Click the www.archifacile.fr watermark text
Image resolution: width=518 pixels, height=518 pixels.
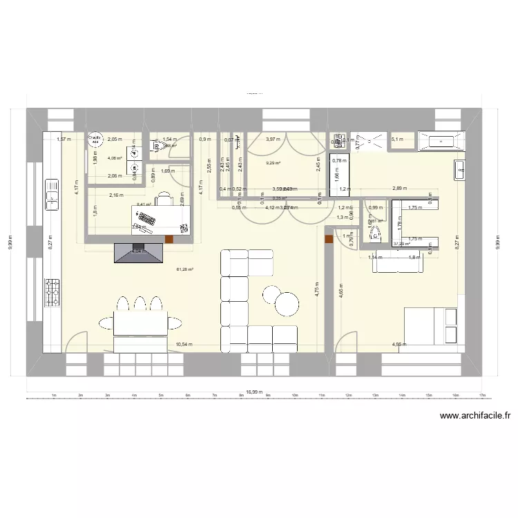475,416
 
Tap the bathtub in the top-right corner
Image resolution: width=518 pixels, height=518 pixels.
440,142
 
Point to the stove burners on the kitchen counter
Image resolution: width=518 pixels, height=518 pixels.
52,291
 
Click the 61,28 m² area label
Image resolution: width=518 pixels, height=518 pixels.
184,270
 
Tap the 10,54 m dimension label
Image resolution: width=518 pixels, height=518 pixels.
184,344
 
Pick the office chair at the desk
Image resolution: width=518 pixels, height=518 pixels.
164,199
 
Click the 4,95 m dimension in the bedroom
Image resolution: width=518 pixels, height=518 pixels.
399,344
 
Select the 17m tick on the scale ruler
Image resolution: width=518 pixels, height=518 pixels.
481,396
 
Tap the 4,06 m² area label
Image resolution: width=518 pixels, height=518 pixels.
115,158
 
